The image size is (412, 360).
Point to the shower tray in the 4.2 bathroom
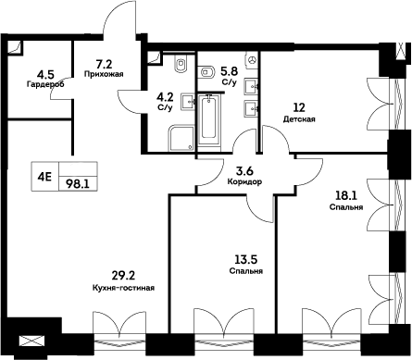(x=179, y=139)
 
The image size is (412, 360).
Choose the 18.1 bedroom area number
(x=346, y=195)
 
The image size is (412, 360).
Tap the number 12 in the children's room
(x=298, y=106)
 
